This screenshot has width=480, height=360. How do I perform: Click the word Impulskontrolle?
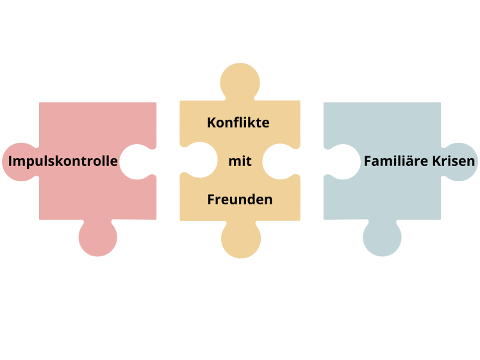tap(63, 161)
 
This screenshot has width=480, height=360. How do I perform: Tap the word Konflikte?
tap(238, 122)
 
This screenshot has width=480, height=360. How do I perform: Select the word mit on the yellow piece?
tap(240, 161)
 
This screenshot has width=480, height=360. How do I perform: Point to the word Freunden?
tap(240, 199)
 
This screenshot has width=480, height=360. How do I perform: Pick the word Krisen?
tap(454, 161)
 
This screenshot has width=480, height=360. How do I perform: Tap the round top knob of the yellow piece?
tap(240, 82)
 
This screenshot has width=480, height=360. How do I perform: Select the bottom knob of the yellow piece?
tap(240, 240)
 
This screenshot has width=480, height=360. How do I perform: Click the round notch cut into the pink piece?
tap(137, 161)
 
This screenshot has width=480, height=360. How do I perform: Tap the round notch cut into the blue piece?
tap(342, 161)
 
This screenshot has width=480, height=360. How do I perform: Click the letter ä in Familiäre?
tap(410, 161)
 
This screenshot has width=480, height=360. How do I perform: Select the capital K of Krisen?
tap(436, 161)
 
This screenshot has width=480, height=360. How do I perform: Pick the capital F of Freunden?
tap(211, 199)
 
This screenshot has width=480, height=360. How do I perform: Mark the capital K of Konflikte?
tap(211, 122)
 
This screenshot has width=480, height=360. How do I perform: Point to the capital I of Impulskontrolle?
tap(10, 161)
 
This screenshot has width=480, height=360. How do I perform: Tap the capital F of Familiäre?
tap(368, 161)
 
